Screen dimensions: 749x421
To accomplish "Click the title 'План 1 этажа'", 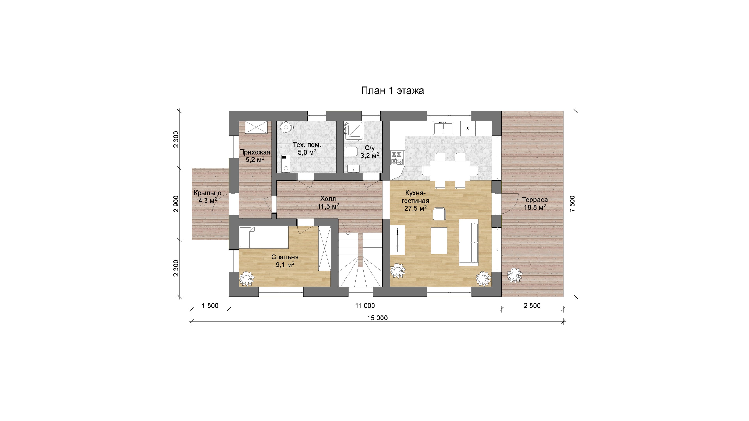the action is click(392, 91).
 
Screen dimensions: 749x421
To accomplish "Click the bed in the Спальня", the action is click(264, 237).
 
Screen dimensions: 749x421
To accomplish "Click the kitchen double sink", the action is click(443, 128).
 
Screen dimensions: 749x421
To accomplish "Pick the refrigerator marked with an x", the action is click(468, 128).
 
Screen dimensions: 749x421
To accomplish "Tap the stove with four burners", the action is click(397, 158).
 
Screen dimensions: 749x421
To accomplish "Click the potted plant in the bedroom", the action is click(247, 278).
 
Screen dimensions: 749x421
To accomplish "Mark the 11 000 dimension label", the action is click(365, 306).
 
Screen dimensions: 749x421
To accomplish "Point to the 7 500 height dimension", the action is click(572, 204).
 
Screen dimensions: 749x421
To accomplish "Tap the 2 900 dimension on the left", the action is click(176, 204).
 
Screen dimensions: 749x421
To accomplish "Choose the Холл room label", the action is click(328, 199).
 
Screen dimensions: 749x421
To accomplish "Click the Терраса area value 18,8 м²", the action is click(535, 207).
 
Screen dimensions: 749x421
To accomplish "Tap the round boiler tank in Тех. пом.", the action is click(286, 127).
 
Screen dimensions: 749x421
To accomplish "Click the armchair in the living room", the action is click(439, 214).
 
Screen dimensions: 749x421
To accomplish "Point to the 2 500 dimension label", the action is click(532, 306).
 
